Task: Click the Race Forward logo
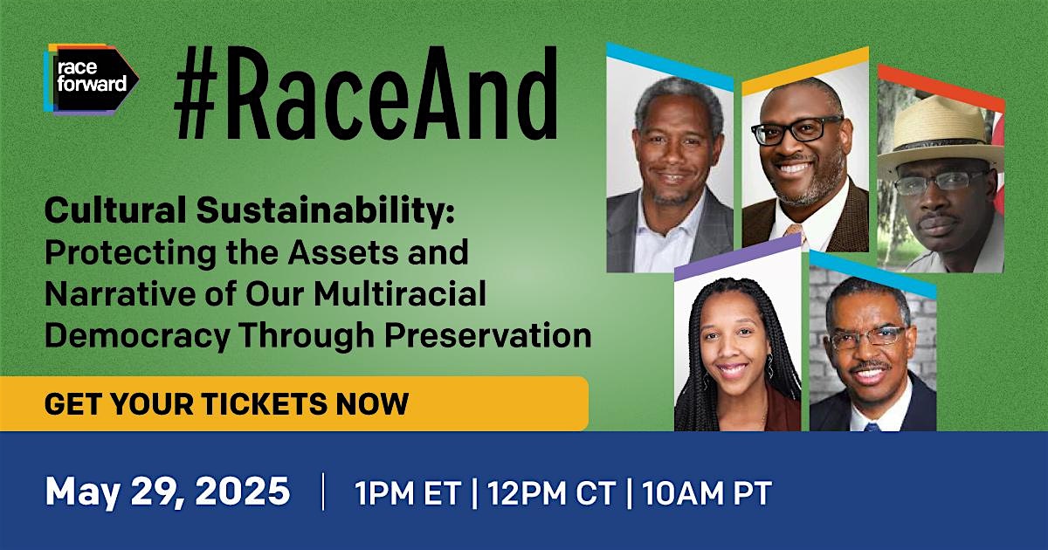[91, 79]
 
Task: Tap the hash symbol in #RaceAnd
[196, 93]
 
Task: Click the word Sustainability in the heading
[325, 211]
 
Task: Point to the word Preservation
[488, 335]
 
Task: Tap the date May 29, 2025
[168, 492]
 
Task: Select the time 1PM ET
[408, 493]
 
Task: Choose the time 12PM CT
[551, 493]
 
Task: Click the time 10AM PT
[707, 493]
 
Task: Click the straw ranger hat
[941, 133]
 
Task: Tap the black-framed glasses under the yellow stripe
[796, 129]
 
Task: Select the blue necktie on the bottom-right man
[872, 426]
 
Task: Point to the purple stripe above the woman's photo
[738, 257]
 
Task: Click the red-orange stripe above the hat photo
[941, 87]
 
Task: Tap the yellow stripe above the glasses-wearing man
[805, 71]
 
